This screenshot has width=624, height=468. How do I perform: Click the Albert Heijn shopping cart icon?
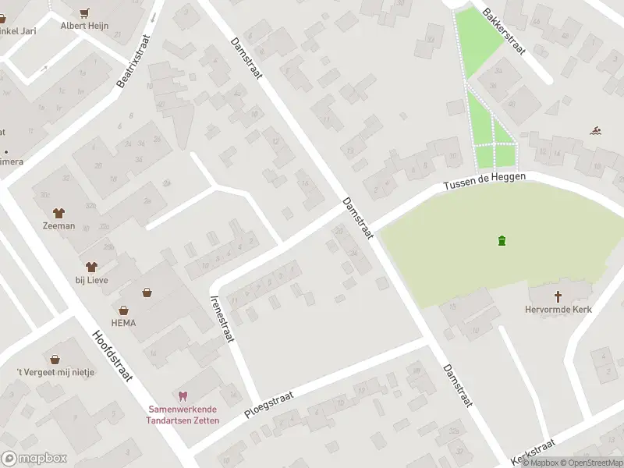point(85,12)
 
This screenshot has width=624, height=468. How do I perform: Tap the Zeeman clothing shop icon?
point(58,212)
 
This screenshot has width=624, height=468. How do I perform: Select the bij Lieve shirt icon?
point(91,267)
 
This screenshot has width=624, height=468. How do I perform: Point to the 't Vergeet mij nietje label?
point(55,372)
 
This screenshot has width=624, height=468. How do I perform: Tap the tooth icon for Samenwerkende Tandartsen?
point(183,396)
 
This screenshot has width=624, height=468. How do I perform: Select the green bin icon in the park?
point(501,239)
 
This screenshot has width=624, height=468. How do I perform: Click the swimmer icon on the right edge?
point(596,129)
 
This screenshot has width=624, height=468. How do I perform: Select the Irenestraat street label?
point(223,318)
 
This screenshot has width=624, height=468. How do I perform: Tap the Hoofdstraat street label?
point(112,356)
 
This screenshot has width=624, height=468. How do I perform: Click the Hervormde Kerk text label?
point(558,310)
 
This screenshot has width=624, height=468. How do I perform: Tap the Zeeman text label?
point(59,226)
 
